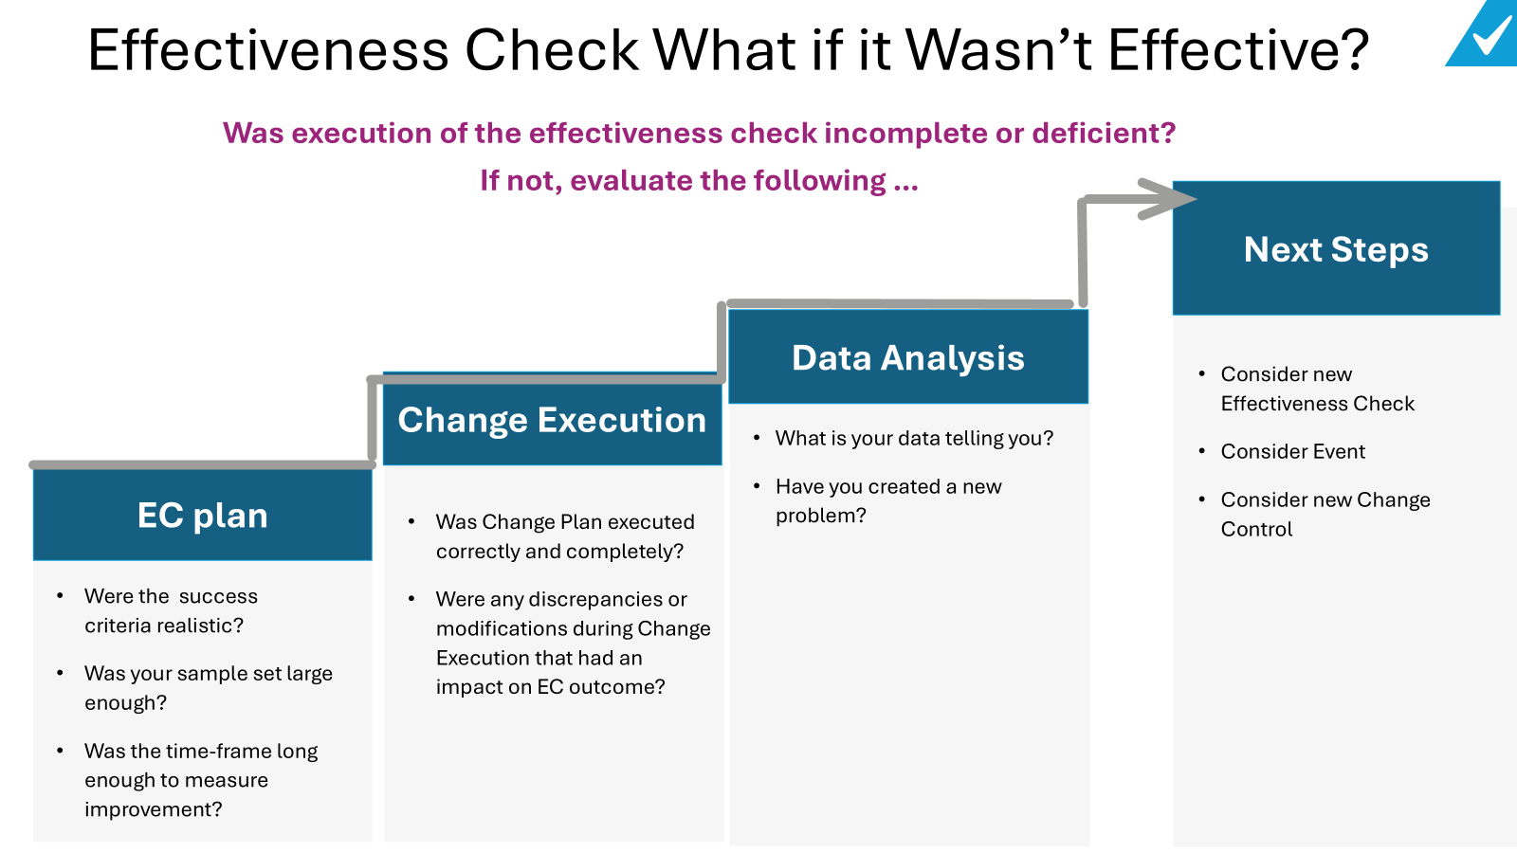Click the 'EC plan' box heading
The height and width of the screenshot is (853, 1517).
(x=202, y=516)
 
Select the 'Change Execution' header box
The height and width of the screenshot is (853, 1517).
(x=552, y=421)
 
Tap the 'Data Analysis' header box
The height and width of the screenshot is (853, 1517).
(x=907, y=358)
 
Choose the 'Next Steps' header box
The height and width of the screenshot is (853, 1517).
(x=1336, y=249)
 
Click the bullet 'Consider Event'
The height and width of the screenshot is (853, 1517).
(x=1292, y=452)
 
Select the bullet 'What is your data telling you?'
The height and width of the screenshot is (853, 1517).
(x=914, y=439)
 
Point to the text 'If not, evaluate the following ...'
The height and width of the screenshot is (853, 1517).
(x=699, y=181)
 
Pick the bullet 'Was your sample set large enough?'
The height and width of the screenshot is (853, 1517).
(x=208, y=688)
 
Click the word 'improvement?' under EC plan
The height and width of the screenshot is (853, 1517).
(x=154, y=809)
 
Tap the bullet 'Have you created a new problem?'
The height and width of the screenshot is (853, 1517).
(x=887, y=500)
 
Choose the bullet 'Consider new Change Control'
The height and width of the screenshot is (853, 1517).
(x=1325, y=514)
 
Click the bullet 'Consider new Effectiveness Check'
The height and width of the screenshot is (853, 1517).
(x=1317, y=389)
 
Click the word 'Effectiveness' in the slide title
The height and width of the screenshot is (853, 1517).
(x=268, y=50)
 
